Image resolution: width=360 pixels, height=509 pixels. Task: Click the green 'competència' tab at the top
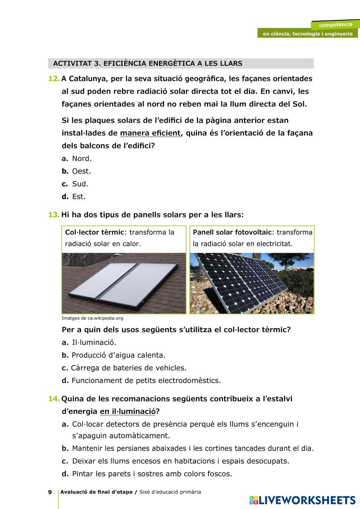335,25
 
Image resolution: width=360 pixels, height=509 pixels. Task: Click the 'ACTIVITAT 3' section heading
148,64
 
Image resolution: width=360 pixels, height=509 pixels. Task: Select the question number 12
54,78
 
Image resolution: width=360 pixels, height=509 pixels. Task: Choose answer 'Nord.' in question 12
82,158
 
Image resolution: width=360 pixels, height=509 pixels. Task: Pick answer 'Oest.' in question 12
81,171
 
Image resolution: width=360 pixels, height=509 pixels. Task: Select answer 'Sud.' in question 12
80,184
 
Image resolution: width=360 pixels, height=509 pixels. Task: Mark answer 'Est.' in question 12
78,197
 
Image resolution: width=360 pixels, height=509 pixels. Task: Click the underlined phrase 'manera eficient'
150,133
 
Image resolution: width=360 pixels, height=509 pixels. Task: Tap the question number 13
54,215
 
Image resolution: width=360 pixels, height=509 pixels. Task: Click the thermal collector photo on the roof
124,283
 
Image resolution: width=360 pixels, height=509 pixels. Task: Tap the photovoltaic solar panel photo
252,283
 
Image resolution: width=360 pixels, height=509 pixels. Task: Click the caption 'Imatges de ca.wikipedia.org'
92,318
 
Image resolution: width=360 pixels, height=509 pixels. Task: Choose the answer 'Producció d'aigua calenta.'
118,355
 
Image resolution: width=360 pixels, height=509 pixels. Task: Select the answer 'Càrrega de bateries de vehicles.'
129,368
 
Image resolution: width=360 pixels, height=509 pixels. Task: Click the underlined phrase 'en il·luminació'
128,411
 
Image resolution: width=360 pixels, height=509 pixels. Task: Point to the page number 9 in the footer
50,492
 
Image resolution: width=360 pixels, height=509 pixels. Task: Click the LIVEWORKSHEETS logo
302,500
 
